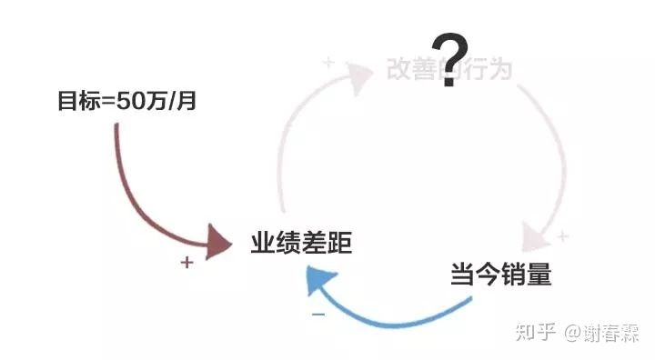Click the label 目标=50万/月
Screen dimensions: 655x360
point(126,102)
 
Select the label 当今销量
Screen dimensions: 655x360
point(500,274)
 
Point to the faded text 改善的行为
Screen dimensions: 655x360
point(449,69)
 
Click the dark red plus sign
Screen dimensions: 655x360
point(186,263)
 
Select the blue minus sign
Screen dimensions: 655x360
point(318,315)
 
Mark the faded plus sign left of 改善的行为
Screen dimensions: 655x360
point(328,63)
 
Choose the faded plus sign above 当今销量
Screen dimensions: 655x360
point(562,237)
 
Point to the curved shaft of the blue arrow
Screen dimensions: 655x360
point(400,318)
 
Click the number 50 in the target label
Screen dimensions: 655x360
point(130,102)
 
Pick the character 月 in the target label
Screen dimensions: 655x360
point(186,102)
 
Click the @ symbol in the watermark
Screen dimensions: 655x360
point(574,333)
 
